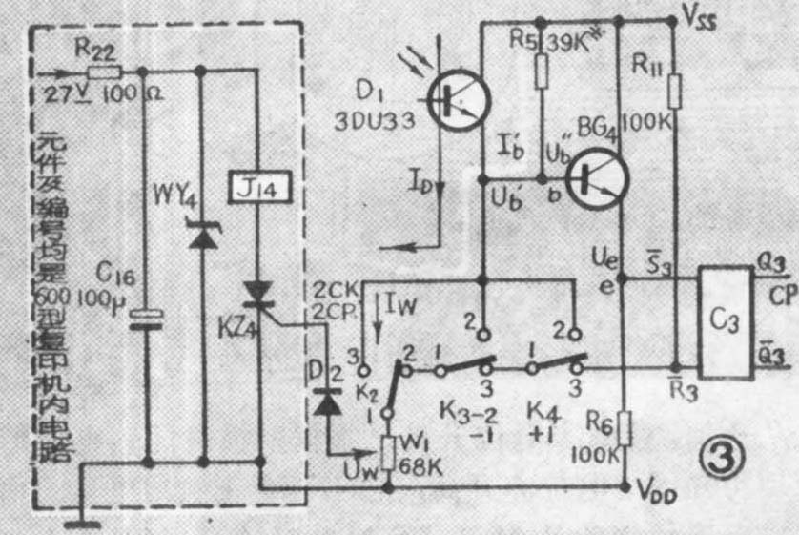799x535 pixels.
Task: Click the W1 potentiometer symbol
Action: point(389,453)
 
